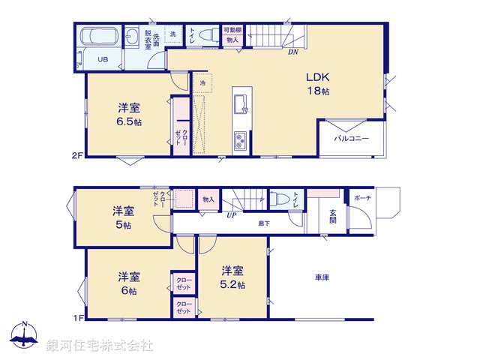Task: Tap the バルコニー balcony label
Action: tap(350, 139)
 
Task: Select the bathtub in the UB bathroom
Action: tap(101, 37)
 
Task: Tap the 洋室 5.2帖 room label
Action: tap(232, 277)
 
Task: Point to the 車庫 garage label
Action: tap(323, 277)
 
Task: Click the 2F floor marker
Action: tap(76, 156)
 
